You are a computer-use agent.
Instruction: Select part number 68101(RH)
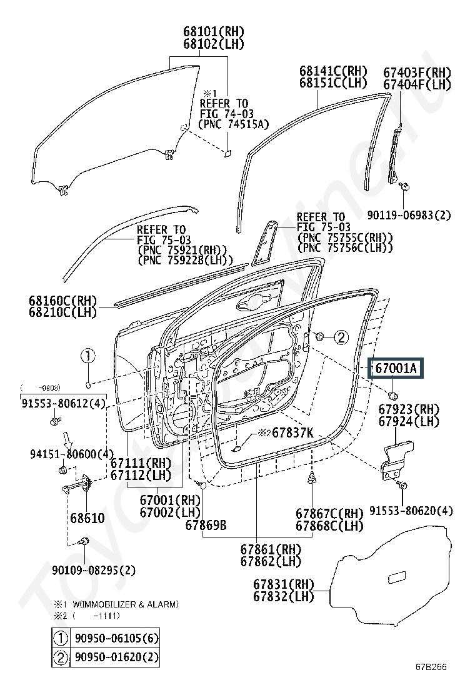click(x=214, y=31)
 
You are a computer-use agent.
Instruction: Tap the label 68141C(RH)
click(x=333, y=71)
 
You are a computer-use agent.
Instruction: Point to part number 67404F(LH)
click(x=417, y=84)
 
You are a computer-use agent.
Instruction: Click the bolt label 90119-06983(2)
click(x=409, y=215)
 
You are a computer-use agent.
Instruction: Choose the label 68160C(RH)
click(x=62, y=300)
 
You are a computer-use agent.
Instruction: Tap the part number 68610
click(x=87, y=518)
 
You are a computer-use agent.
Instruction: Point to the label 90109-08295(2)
click(x=93, y=570)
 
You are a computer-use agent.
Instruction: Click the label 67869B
click(x=206, y=525)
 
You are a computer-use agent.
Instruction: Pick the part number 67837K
click(x=291, y=432)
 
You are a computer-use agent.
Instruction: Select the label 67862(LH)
click(x=271, y=561)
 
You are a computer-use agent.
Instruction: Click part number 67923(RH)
click(x=409, y=409)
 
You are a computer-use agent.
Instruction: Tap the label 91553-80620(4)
click(x=411, y=511)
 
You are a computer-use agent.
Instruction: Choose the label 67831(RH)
click(x=283, y=584)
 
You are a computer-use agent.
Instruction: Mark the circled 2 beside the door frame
click(x=339, y=338)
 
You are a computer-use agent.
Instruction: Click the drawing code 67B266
click(x=432, y=667)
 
